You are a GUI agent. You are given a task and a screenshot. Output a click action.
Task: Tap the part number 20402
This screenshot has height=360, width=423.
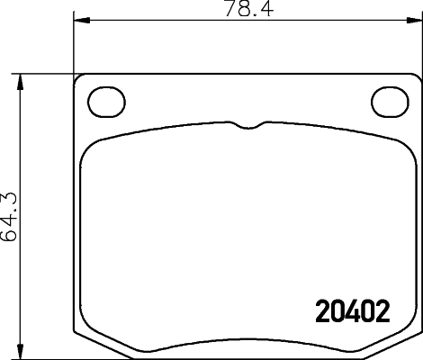[x=352, y=312]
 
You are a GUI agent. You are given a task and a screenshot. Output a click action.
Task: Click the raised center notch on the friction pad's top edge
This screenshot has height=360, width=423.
[x=247, y=125]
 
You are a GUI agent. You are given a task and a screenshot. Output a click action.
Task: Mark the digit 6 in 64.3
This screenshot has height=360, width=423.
[x=10, y=236]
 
